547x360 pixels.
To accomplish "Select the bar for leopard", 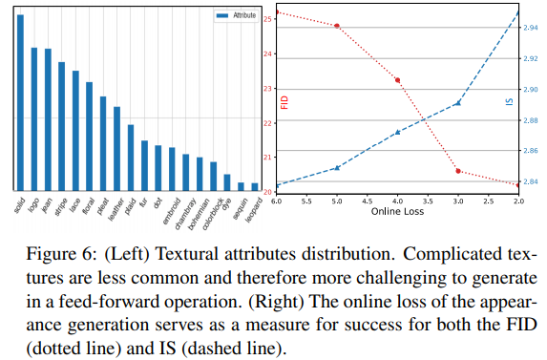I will coord(255,187).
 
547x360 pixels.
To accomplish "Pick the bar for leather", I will coord(116,149).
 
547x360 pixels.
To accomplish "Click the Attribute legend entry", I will coord(238,16).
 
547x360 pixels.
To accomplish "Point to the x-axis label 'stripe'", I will coord(59,207).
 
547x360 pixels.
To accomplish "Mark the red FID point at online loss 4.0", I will coord(397,80).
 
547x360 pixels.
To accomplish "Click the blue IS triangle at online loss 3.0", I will coord(458,102).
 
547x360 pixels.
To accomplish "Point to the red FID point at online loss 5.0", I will coord(337,26).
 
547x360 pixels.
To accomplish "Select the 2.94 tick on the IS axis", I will coord(532,29).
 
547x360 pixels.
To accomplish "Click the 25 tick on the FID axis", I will coord(269,18).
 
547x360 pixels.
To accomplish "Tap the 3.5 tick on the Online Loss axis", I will coord(428,201).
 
